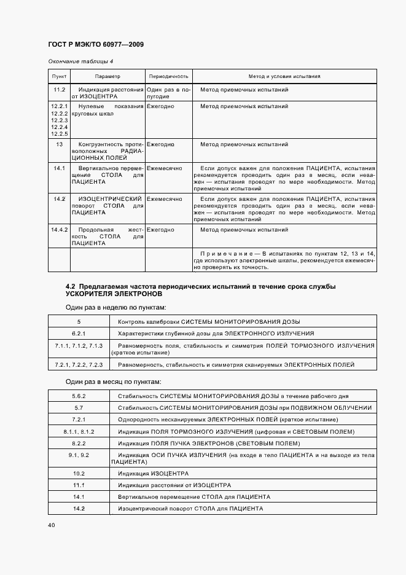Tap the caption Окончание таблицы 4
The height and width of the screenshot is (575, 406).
click(x=80, y=62)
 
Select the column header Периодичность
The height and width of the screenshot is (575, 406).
click(x=168, y=76)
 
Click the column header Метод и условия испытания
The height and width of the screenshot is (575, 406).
click(x=284, y=76)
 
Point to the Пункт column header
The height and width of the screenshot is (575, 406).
click(x=60, y=76)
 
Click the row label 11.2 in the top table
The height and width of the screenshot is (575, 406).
click(x=60, y=90)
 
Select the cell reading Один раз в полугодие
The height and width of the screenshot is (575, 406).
click(x=167, y=93)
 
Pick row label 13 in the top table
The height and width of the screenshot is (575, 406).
click(x=60, y=144)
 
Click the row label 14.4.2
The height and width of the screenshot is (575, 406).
click(x=60, y=229)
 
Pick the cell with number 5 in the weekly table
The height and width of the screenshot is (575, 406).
click(x=79, y=321)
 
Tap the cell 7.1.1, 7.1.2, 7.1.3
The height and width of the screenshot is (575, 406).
click(x=79, y=346)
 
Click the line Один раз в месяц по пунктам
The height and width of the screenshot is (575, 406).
click(x=114, y=381)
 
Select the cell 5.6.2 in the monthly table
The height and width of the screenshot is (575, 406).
click(x=79, y=396)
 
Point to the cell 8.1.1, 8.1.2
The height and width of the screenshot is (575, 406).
click(x=79, y=431)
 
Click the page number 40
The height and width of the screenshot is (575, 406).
click(x=52, y=526)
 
